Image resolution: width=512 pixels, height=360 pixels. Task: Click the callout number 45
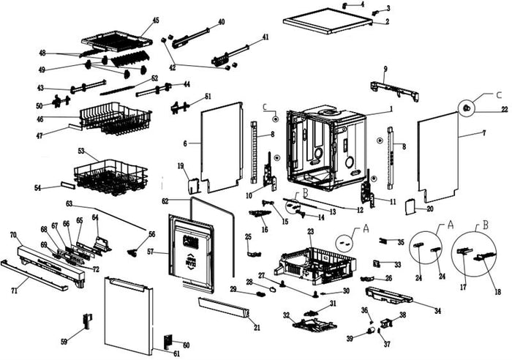(x=156, y=20)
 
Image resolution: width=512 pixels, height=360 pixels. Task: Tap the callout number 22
(x=504, y=109)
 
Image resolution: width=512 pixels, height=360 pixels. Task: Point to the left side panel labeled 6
(x=221, y=143)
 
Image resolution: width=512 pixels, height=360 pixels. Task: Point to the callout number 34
(x=437, y=311)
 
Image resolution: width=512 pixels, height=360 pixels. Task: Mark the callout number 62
(x=165, y=200)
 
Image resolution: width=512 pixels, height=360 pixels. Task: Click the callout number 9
(x=385, y=70)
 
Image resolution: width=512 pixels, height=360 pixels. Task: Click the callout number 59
(x=64, y=342)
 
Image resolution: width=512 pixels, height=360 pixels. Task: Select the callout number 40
(x=221, y=22)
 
